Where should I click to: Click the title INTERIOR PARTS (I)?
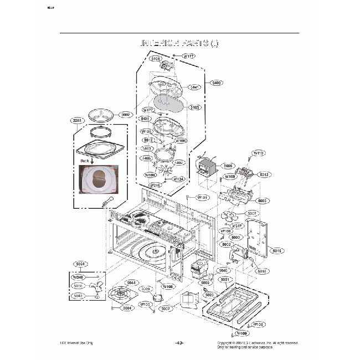pyautogui.click(x=179, y=43)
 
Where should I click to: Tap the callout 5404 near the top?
pyautogui.click(x=156, y=58)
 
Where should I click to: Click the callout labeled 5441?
pyautogui.click(x=195, y=87)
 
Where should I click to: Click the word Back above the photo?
pyautogui.click(x=85, y=161)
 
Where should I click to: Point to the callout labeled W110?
pyautogui.click(x=259, y=153)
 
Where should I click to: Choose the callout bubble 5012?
pyautogui.click(x=264, y=174)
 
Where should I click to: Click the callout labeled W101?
pyautogui.click(x=203, y=197)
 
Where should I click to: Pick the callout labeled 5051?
pyautogui.click(x=225, y=280)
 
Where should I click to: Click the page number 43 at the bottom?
pyautogui.click(x=179, y=343)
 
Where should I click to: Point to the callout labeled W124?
pyautogui.click(x=178, y=179)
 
